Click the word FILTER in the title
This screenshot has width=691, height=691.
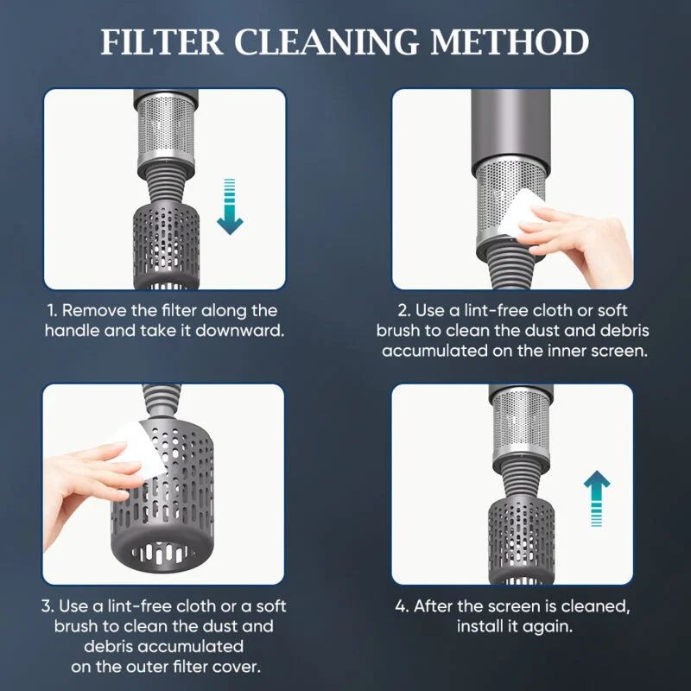click(162, 42)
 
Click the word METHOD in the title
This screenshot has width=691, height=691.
click(510, 42)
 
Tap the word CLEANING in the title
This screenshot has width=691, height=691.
click(326, 42)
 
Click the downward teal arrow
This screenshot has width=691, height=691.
click(230, 206)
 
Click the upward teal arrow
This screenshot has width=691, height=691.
click(597, 498)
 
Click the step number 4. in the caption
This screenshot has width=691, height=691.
click(402, 606)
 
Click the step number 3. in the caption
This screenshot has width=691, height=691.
click(48, 606)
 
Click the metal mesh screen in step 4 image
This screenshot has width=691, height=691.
click(521, 423)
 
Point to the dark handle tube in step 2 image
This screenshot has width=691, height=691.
click(511, 128)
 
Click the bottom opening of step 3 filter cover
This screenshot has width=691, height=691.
click(162, 553)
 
